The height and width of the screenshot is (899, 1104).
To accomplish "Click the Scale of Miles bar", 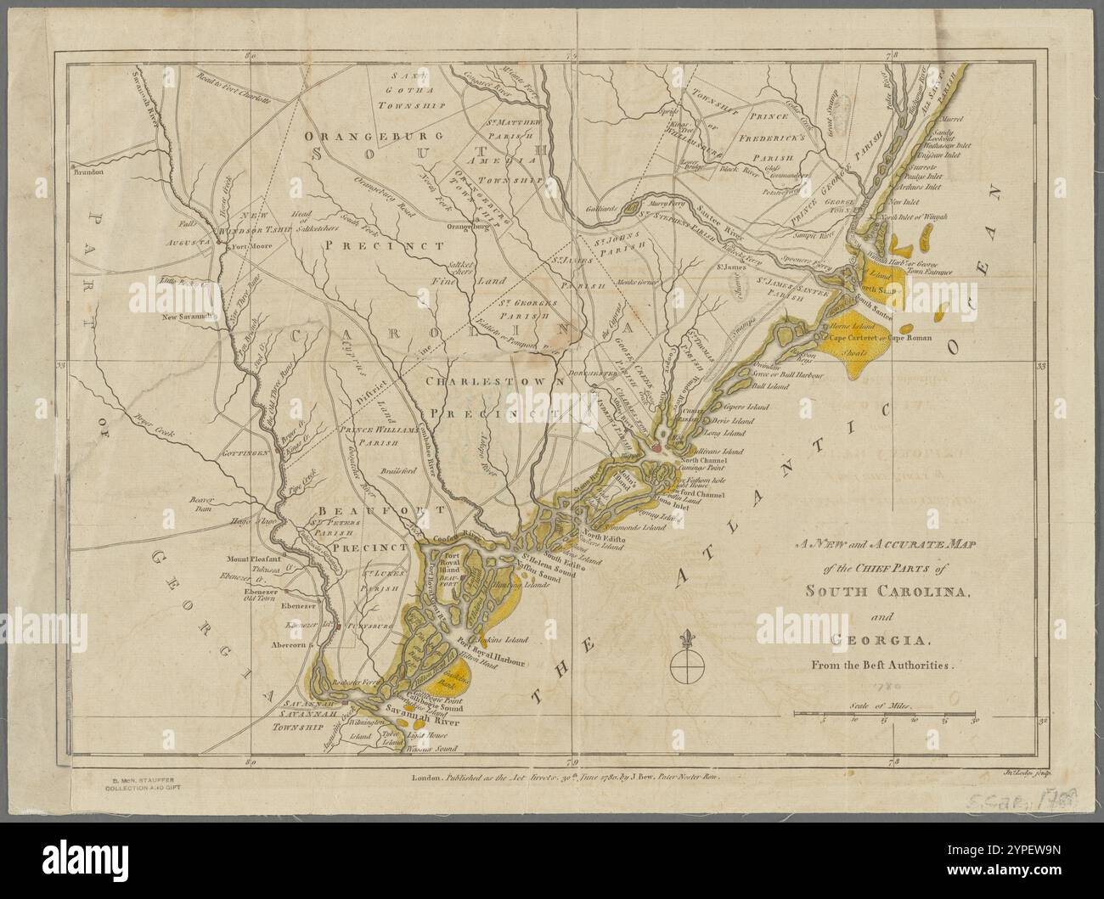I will coord(887,716).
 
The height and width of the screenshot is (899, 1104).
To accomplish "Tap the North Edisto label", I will coord(604,539).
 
